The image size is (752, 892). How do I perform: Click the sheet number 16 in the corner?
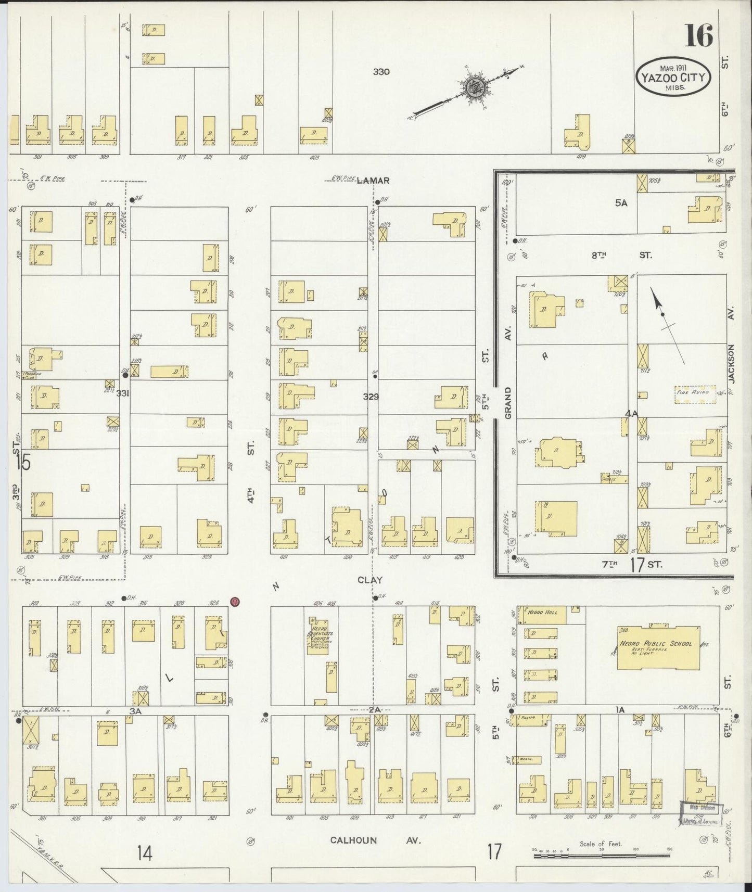699,36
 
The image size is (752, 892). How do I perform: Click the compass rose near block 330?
476,87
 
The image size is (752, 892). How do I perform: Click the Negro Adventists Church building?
317,636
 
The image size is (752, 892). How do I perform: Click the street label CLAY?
369,579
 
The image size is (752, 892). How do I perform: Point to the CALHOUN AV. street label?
375,840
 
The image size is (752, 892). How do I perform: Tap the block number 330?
381,72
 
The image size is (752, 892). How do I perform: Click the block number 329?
371,397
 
